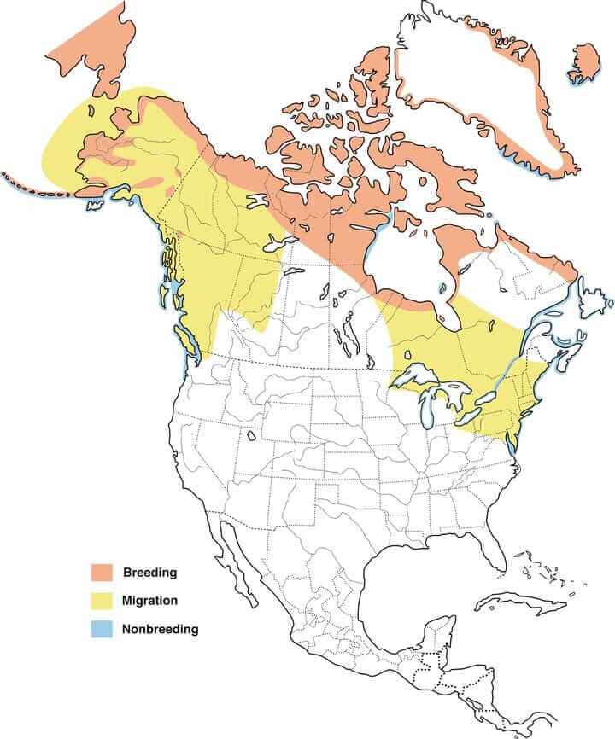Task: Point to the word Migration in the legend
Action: tap(150, 601)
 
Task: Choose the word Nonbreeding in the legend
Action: tap(161, 630)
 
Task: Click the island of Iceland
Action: tap(585, 64)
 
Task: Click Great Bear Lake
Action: tap(257, 201)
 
